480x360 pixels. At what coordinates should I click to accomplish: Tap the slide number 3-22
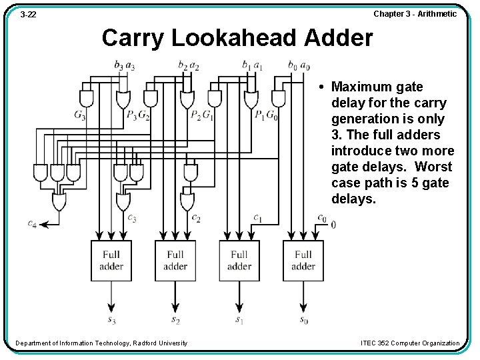click(28, 14)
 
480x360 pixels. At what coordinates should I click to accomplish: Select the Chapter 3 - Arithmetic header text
click(415, 13)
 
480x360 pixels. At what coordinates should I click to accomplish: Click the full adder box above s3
click(111, 260)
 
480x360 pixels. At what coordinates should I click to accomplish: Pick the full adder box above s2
click(175, 260)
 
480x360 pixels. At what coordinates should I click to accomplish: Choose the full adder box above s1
click(239, 260)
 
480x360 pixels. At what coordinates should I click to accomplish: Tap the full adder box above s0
click(303, 260)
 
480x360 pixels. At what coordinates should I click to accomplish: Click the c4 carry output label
click(32, 223)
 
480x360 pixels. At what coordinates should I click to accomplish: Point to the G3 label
click(80, 116)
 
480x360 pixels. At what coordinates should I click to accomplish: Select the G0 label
click(271, 116)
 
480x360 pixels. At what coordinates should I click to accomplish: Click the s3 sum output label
click(111, 321)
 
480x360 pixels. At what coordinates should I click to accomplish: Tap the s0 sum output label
click(303, 321)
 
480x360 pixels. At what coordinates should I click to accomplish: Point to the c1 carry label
click(257, 218)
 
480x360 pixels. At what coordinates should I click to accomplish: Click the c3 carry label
click(132, 218)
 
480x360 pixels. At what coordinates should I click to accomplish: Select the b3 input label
click(119, 65)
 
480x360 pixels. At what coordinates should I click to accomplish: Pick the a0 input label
click(305, 65)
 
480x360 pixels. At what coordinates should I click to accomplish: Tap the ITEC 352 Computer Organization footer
click(410, 343)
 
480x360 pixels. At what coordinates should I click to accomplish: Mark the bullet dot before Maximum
click(321, 87)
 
